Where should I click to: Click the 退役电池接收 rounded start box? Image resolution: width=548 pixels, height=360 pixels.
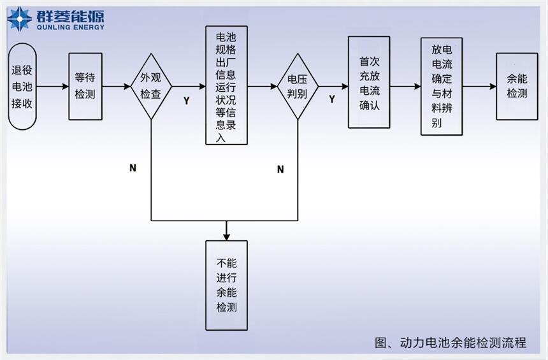click(22, 87)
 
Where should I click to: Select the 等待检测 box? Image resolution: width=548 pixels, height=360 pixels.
click(85, 87)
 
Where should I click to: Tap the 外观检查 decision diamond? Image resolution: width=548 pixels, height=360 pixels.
click(151, 87)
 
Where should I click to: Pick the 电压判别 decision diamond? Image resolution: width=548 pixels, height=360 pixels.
click(298, 87)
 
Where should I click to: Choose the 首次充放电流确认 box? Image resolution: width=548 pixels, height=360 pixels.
click(369, 83)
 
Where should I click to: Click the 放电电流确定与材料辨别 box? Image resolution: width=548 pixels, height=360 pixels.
click(442, 86)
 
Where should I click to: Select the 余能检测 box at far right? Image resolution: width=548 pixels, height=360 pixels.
click(517, 86)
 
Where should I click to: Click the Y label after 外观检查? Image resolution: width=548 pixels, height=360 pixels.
click(186, 101)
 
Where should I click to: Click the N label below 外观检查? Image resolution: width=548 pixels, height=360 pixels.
click(133, 168)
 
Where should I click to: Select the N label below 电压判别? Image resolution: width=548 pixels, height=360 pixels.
click(280, 169)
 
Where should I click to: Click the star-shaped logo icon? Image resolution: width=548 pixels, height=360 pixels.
click(19, 19)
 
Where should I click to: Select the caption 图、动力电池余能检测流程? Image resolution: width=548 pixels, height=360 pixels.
click(451, 342)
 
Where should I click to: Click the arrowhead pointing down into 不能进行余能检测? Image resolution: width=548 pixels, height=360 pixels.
click(226, 236)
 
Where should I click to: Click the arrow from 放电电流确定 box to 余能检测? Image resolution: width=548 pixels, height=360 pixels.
click(479, 86)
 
